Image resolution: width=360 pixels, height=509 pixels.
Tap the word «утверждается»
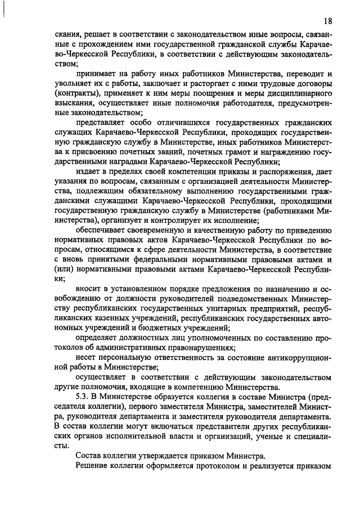coord(179,456)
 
